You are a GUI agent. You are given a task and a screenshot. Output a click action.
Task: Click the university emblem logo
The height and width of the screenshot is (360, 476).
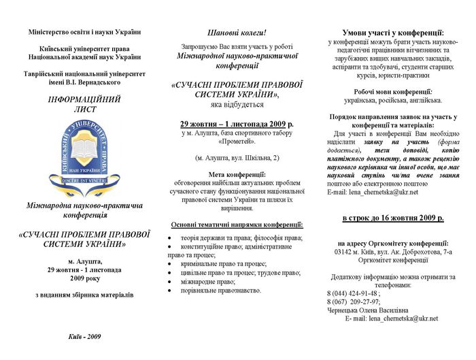[80, 154]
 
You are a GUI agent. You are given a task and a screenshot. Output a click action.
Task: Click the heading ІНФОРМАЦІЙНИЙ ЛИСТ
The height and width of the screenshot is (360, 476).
[80, 103]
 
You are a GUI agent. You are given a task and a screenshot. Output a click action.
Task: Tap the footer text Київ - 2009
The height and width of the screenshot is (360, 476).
[85, 336]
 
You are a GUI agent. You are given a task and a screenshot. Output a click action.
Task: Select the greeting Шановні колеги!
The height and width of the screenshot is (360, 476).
[237, 33]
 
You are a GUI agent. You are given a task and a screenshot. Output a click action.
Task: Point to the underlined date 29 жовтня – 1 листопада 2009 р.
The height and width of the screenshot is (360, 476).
[237, 125]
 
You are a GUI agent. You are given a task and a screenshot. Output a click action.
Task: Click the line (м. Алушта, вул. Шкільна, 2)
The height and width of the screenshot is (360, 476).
[237, 158]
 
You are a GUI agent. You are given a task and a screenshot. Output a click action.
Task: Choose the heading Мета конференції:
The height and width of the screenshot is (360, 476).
[237, 174]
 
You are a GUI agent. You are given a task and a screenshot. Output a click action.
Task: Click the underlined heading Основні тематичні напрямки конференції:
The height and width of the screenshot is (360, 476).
[237, 225]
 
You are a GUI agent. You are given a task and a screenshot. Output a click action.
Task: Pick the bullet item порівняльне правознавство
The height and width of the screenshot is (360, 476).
[220, 290]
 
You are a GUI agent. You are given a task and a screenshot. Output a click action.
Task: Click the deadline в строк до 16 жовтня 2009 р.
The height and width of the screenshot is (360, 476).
[392, 218]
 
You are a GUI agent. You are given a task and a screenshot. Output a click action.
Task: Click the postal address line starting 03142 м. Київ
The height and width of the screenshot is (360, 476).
[392, 251]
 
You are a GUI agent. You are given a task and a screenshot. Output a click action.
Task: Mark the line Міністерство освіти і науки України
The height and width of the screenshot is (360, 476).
[85, 32]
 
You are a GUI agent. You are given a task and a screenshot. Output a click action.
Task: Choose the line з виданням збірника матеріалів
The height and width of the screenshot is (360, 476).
[85, 295]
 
